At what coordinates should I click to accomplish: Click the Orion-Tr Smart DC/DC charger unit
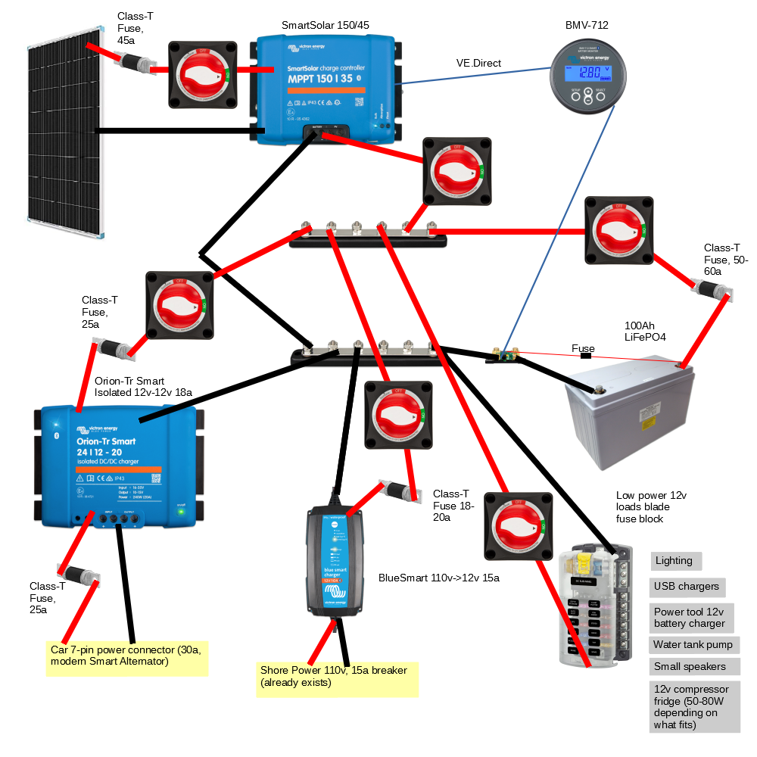pos(118,466)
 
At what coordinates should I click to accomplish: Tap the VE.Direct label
pos(478,63)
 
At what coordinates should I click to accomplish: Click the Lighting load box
pos(676,561)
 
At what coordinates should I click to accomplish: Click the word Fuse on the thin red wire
pos(583,349)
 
